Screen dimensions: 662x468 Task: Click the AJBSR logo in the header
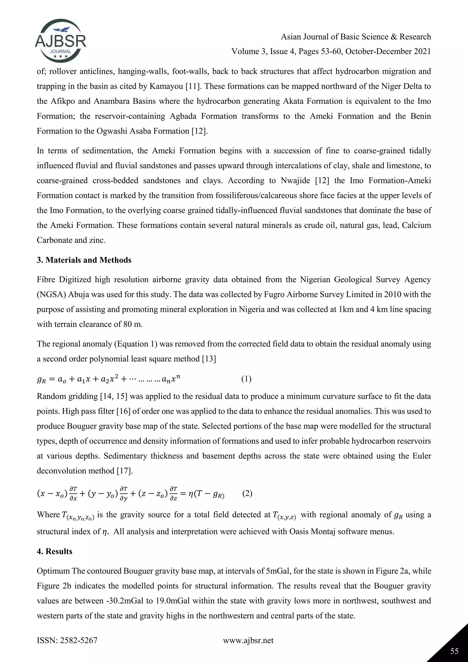click(61, 41)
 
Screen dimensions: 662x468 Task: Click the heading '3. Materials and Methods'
click(84, 260)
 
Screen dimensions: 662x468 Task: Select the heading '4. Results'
click(54, 551)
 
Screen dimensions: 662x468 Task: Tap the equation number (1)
click(246, 379)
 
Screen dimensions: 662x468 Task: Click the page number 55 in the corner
click(454, 651)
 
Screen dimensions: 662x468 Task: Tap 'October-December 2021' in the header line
click(388, 51)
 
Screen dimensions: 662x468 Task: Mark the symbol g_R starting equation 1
click(42, 379)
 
